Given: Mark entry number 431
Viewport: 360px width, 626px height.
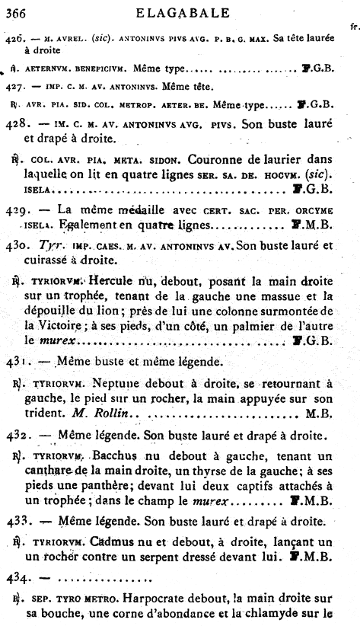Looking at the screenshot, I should tap(16, 359).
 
